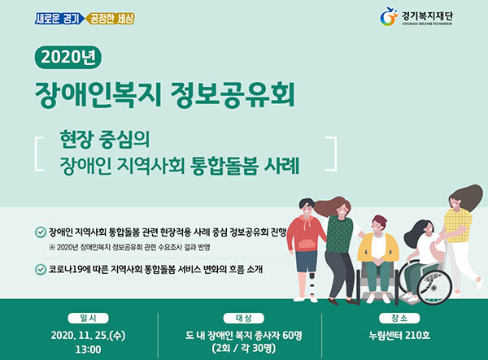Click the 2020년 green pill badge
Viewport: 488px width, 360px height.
point(68,57)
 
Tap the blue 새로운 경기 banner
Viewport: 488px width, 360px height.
point(59,19)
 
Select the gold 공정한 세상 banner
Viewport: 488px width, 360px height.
point(110,19)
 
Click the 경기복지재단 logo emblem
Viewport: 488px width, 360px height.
point(389,16)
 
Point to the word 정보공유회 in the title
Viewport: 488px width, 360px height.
point(233,95)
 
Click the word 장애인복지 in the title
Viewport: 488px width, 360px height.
point(98,95)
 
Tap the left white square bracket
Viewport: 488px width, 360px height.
point(38,154)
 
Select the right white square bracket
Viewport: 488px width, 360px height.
point(333,154)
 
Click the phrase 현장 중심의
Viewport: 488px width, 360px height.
point(105,140)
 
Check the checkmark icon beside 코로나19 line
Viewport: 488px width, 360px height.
point(41,269)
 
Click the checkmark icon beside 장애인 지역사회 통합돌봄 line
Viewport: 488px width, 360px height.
point(41,232)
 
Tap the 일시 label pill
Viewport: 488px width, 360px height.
point(88,318)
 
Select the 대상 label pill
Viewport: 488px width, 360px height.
point(244,318)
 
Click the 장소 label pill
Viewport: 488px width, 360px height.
point(399,318)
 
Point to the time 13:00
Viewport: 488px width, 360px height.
point(88,349)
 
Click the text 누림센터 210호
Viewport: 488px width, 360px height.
point(399,336)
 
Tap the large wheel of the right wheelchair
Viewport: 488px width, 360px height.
point(434,287)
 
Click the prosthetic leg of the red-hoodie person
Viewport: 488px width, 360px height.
point(312,286)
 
